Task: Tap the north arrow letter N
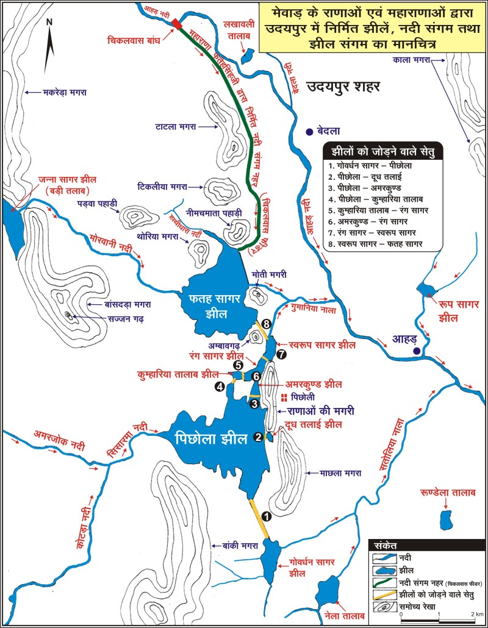(51, 23)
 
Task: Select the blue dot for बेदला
(310, 130)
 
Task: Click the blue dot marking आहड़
(416, 352)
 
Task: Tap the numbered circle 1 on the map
(265, 516)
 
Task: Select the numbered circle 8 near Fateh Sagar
(266, 324)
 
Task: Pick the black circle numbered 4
(219, 386)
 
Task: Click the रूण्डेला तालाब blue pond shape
(447, 520)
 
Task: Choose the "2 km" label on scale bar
(476, 615)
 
